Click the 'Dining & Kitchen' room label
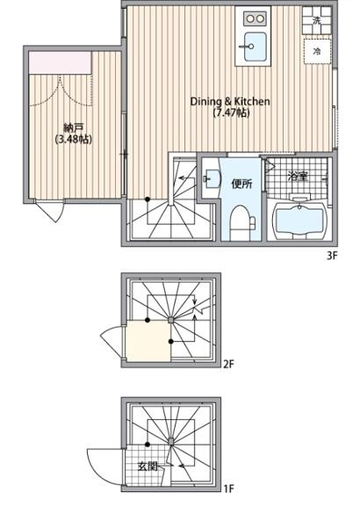tap(230, 101)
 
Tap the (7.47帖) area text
tap(230, 112)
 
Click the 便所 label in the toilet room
tap(241, 185)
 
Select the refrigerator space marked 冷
tap(317, 51)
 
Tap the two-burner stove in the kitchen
tap(255, 18)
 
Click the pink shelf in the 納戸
tap(60, 62)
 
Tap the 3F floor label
tap(332, 257)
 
